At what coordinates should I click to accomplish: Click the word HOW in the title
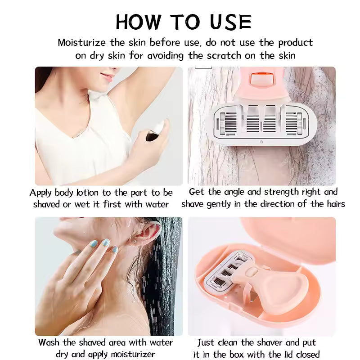pyautogui.click(x=138, y=22)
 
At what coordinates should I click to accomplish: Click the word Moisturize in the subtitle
pyautogui.click(x=81, y=43)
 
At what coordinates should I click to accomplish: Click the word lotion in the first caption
pyautogui.click(x=87, y=193)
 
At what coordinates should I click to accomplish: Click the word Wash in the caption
pyautogui.click(x=49, y=342)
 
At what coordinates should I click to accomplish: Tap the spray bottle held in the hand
pyautogui.click(x=155, y=131)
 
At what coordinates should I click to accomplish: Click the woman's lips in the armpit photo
pyautogui.click(x=108, y=76)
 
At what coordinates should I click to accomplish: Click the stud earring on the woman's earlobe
pyautogui.click(x=135, y=242)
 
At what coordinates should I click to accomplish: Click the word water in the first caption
pyautogui.click(x=157, y=204)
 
